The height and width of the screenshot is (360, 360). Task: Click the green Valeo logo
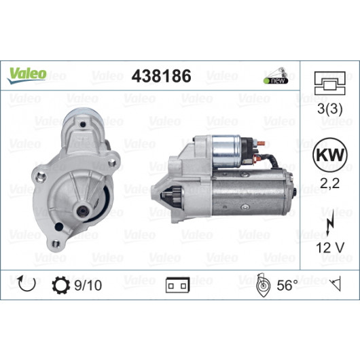pos(27,75)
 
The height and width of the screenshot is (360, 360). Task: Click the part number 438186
pos(161,76)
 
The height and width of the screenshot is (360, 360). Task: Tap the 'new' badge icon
pos(276,75)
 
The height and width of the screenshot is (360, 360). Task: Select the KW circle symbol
pos(330,155)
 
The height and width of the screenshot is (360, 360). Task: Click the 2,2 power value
pos(330,183)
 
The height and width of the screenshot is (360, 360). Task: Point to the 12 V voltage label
pos(330,247)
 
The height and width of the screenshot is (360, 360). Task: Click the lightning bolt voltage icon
pos(330,226)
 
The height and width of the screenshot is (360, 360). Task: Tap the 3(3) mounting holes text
pos(330,109)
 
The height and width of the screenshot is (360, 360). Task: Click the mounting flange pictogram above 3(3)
pos(330,83)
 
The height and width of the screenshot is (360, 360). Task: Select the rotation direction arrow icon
pos(27,284)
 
